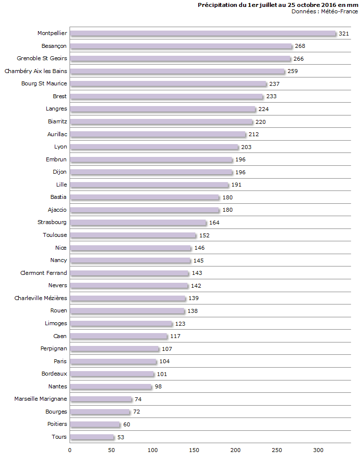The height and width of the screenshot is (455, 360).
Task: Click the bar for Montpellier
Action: (203, 34)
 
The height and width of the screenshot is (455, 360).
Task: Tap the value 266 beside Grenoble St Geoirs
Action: (298, 59)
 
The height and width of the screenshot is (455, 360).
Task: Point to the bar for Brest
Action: (167, 97)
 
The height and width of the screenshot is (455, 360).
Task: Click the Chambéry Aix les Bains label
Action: (36, 71)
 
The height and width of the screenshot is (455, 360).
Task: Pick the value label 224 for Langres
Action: (263, 109)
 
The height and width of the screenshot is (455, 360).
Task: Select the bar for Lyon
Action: (154, 147)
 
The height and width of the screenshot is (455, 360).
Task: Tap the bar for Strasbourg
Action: (138, 223)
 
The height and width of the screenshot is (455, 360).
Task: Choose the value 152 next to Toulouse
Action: (204, 235)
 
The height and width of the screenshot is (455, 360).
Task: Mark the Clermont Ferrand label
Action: (43, 273)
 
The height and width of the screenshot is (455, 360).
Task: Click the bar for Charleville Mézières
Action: (128, 299)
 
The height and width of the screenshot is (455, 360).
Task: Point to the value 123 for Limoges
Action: (180, 324)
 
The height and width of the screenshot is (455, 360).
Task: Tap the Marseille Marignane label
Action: (40, 399)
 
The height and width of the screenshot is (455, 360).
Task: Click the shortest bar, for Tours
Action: (92, 437)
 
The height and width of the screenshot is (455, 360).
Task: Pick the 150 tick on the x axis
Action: (194, 450)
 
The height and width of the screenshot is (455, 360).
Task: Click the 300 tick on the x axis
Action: (319, 450)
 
